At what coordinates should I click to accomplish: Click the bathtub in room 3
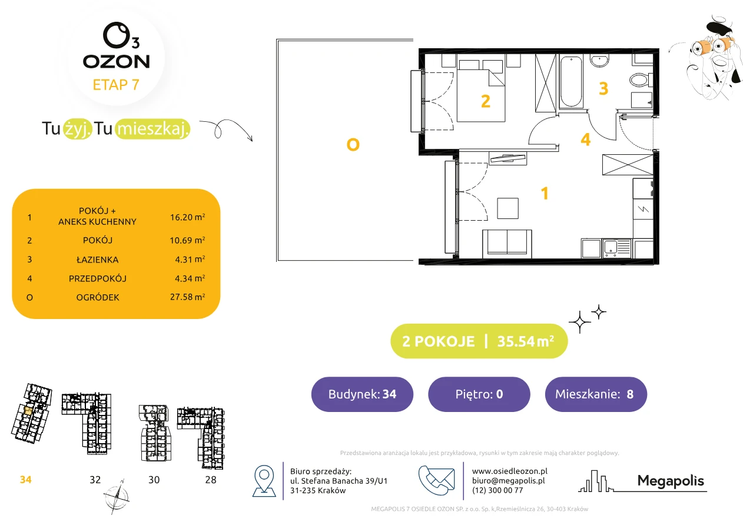tap(571, 82)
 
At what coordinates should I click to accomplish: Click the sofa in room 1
tap(507, 244)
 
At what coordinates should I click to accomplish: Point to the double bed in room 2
tap(481, 91)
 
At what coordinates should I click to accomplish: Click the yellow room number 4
tap(585, 139)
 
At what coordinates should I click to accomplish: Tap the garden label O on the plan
tap(353, 145)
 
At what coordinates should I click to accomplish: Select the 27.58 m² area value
tap(187, 297)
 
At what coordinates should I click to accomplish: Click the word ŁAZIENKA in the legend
tap(98, 260)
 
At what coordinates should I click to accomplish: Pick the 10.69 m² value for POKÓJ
tap(187, 240)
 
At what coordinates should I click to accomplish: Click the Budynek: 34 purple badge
tap(362, 394)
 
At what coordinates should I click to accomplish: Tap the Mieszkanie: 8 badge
tap(596, 394)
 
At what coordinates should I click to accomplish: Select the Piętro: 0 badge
tap(479, 394)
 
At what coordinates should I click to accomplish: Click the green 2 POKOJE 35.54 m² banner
tap(479, 341)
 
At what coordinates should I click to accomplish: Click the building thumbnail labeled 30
tap(155, 433)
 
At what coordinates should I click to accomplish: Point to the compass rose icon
tap(117, 497)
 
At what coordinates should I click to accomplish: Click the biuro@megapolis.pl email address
tap(508, 480)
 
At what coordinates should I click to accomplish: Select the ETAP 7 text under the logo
tap(116, 85)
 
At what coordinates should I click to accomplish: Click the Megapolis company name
tap(671, 481)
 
